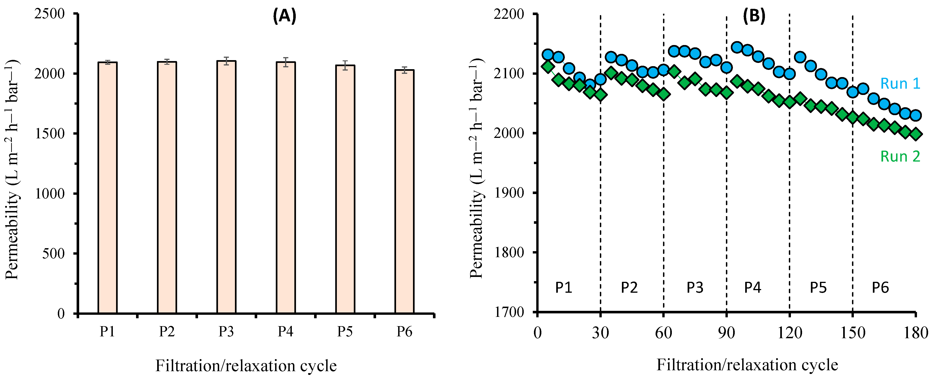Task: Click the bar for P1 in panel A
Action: pos(107,188)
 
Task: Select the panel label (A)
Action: pos(284,16)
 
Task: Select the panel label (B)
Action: pos(754,16)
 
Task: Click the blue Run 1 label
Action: pos(900,84)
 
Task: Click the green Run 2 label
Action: pos(900,156)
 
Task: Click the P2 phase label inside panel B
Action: pos(629,288)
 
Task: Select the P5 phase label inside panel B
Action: pos(818,288)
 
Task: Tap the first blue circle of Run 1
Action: pos(548,55)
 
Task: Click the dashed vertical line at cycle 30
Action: pos(601,181)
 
